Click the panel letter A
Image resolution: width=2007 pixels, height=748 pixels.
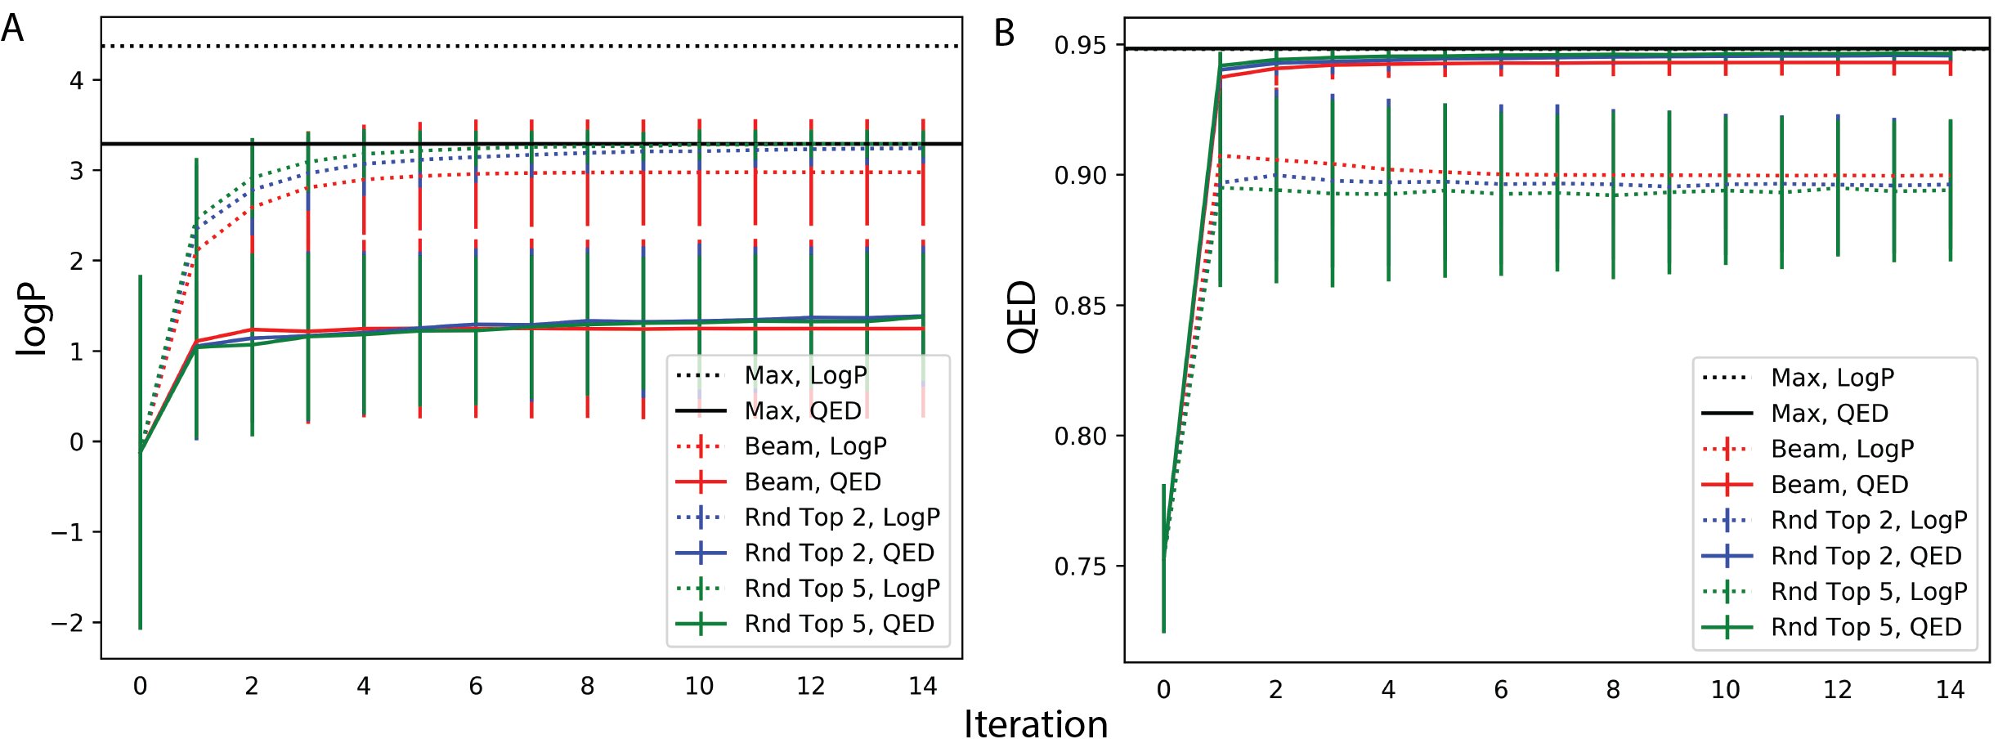pyautogui.click(x=13, y=29)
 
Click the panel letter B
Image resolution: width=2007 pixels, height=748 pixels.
pyautogui.click(x=1004, y=34)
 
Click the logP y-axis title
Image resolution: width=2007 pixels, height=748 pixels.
pyautogui.click(x=33, y=319)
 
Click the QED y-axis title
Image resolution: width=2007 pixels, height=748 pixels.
pyautogui.click(x=1022, y=317)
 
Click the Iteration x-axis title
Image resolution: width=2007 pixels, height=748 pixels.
pyautogui.click(x=1035, y=724)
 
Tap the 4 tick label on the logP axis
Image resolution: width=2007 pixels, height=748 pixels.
pyautogui.click(x=76, y=80)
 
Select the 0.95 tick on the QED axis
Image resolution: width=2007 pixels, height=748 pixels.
pyautogui.click(x=1081, y=45)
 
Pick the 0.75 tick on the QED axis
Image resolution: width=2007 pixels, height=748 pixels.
pyautogui.click(x=1081, y=567)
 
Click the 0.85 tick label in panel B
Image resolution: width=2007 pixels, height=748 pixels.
pyautogui.click(x=1081, y=306)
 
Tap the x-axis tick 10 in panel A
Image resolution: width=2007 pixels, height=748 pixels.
pyautogui.click(x=699, y=686)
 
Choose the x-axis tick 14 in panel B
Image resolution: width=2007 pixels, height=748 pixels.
pyautogui.click(x=1950, y=690)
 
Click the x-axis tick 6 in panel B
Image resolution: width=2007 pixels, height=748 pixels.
pyautogui.click(x=1500, y=690)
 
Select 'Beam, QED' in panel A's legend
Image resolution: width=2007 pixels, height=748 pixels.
pyautogui.click(x=813, y=482)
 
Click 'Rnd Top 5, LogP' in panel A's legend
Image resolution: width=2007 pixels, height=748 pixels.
pyautogui.click(x=842, y=589)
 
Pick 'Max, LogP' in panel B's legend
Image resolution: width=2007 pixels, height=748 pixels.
pyautogui.click(x=1832, y=378)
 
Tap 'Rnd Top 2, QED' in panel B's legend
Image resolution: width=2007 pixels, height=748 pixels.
pyautogui.click(x=1866, y=556)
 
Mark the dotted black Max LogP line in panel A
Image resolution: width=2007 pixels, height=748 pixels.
pyautogui.click(x=531, y=46)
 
